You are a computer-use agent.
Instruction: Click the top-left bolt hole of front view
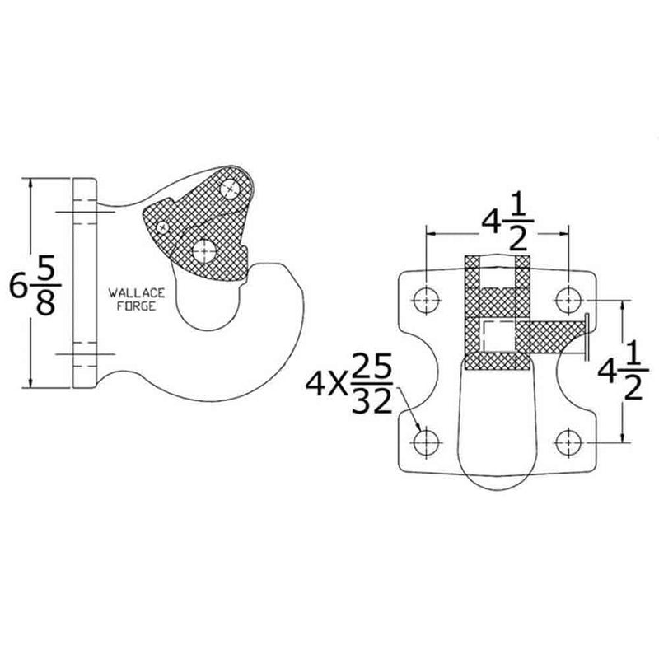tap(425, 301)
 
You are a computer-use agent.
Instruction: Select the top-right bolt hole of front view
tap(568, 301)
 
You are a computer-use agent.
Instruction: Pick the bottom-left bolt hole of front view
tap(425, 444)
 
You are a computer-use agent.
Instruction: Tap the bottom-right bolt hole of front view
tap(568, 444)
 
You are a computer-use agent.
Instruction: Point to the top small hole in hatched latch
tap(236, 189)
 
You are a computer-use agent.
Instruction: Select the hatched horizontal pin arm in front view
tap(555, 335)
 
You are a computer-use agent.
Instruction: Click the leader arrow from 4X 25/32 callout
tap(414, 416)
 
